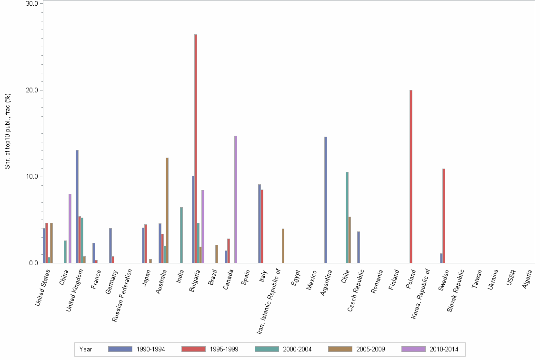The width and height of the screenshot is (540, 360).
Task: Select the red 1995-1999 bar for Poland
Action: [x=411, y=176]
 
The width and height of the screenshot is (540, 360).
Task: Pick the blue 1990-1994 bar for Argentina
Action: [x=326, y=200]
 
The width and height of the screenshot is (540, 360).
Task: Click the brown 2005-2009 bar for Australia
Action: [x=167, y=210]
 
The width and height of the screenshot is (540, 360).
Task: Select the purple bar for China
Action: [x=70, y=228]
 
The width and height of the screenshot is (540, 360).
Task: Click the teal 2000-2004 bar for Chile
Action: [x=347, y=217]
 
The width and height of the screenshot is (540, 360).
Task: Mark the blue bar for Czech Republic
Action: [x=359, y=247]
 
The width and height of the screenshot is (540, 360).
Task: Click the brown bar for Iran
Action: [x=283, y=246]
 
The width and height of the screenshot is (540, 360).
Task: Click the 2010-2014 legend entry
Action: [x=430, y=349]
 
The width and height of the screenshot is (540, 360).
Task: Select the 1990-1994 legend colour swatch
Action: [x=120, y=349]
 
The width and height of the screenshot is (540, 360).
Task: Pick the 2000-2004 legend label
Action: [x=297, y=349]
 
